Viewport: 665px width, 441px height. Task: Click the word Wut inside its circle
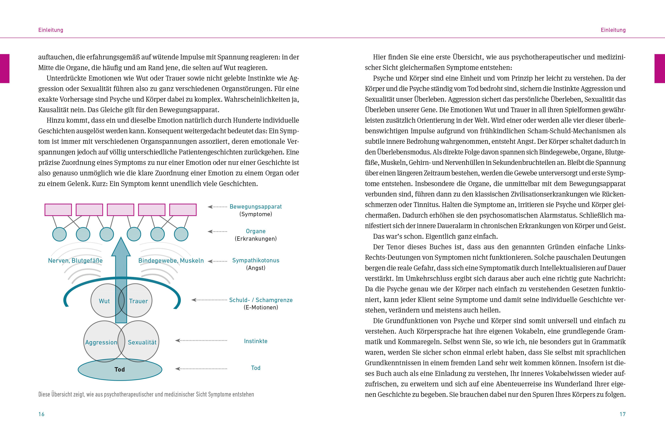coord(104,301)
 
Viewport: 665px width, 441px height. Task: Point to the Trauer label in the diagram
coord(138,301)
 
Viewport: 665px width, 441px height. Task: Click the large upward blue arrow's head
coord(121,248)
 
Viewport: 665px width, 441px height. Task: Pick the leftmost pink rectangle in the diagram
coord(58,210)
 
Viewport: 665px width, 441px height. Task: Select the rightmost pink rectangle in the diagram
coord(183,210)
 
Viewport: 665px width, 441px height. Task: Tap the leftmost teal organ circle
coord(60,234)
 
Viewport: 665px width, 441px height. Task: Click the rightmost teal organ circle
coord(181,234)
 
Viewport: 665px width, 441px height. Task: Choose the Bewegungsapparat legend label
coord(256,206)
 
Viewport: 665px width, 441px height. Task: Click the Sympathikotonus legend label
coord(256,260)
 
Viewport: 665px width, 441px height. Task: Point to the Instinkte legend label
coord(256,341)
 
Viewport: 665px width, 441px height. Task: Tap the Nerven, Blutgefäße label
coord(75,260)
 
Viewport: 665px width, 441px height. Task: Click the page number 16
coord(41,414)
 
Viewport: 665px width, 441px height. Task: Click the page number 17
coord(623,414)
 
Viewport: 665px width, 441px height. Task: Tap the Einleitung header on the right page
coord(613,30)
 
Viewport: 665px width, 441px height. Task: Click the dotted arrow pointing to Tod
coord(201,369)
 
